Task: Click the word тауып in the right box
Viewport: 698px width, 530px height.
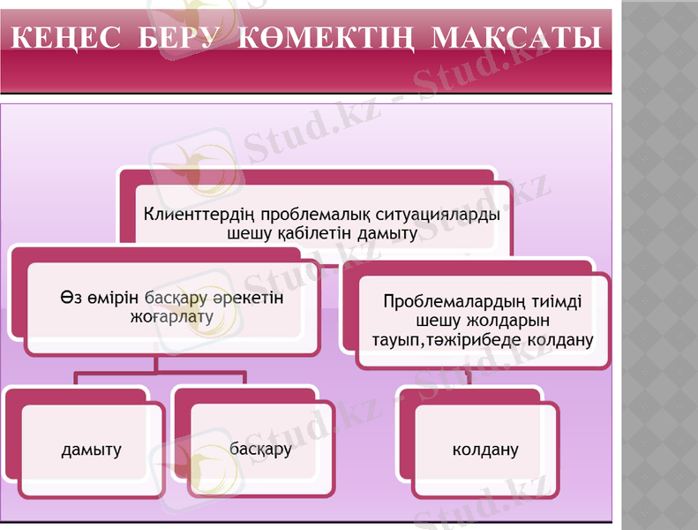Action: pos(392,338)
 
